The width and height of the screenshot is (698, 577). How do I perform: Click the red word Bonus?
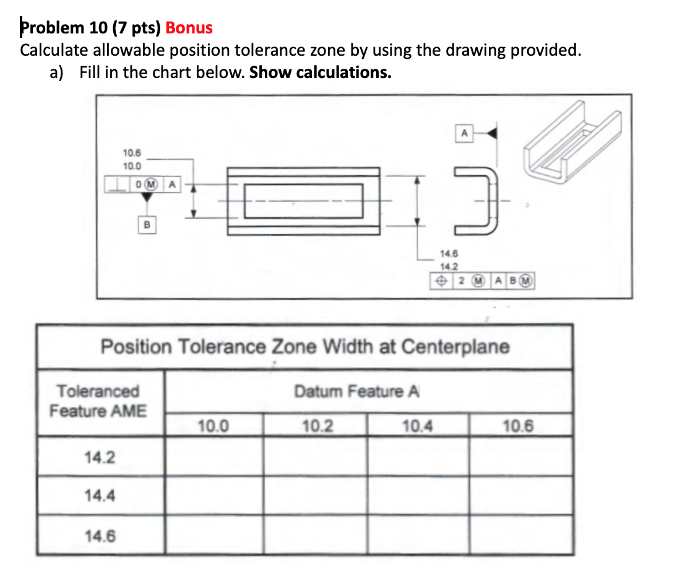(x=189, y=28)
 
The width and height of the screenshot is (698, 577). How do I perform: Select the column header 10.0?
(x=213, y=427)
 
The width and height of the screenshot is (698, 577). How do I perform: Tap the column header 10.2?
(x=316, y=427)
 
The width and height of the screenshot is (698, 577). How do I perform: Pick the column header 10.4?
(x=417, y=427)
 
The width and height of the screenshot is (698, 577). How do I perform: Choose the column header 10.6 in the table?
(x=519, y=427)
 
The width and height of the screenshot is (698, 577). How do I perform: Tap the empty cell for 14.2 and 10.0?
(x=215, y=457)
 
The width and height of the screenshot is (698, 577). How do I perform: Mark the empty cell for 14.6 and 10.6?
(x=520, y=535)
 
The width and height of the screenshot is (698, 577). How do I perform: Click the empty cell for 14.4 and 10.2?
(x=316, y=496)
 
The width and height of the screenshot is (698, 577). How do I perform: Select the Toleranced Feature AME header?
(x=98, y=401)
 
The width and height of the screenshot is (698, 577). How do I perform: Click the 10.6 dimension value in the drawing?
(x=132, y=152)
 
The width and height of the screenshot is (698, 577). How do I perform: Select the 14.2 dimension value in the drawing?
(x=449, y=267)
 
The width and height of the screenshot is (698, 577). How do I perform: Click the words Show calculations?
(x=320, y=72)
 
